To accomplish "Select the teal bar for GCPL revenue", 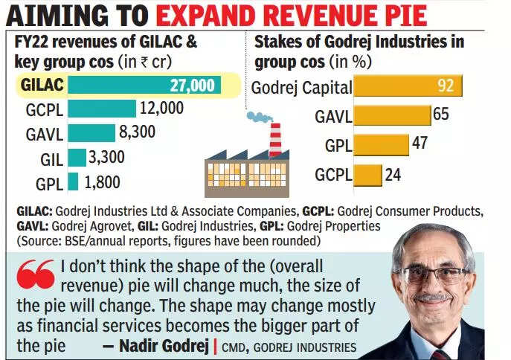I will [102, 109].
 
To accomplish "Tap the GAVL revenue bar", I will [91, 133].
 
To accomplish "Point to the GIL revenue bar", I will [77, 157].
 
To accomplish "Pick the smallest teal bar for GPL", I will [73, 181].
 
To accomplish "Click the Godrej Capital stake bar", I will [408, 87].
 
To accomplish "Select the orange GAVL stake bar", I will [392, 115].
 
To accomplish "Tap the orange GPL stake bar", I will [381, 144].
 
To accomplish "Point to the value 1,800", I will [101, 182].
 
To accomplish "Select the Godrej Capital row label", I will [301, 88].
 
